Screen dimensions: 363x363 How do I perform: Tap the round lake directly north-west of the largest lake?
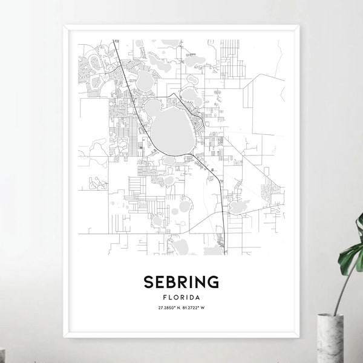(x=145, y=79)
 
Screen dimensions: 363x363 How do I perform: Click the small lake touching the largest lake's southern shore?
(x=169, y=160)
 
